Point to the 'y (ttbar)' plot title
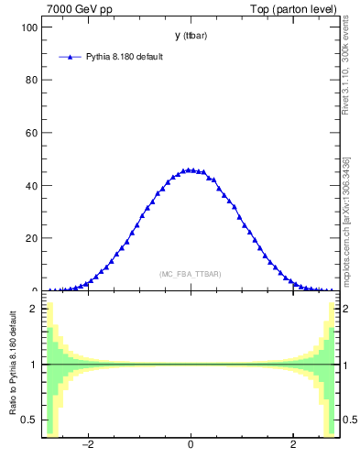coord(190,36)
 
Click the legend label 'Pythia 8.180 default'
coord(125,57)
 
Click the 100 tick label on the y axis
coord(27,27)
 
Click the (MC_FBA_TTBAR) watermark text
coord(190,274)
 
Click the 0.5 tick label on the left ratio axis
coord(29,420)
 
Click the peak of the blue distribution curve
coord(190,169)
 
